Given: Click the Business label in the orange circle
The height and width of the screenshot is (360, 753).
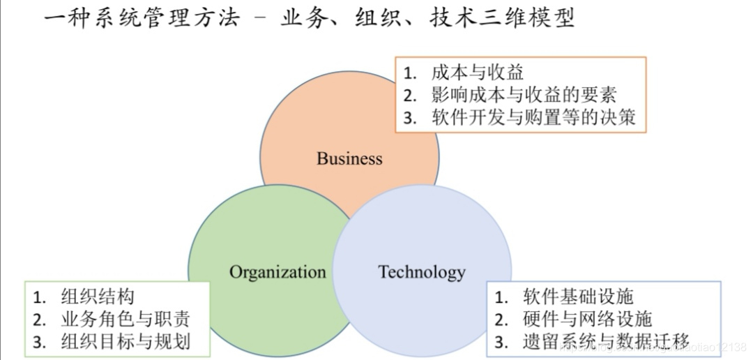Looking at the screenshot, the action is click(x=349, y=158).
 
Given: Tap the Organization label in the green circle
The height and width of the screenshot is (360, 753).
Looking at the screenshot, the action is click(x=277, y=271).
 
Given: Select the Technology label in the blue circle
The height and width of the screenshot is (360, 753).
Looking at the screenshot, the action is click(x=422, y=271).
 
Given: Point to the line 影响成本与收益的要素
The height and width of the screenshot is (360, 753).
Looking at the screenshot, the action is click(x=524, y=94).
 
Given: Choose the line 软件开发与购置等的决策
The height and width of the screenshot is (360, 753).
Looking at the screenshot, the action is click(x=533, y=117).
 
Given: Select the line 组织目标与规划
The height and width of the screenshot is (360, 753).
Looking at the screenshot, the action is click(x=125, y=341).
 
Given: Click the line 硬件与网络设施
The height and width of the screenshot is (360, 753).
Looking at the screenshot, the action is click(x=587, y=319).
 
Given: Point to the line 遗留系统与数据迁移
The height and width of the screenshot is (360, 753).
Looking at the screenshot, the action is click(x=606, y=341).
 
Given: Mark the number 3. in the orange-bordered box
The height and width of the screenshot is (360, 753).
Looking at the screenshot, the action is click(x=410, y=118).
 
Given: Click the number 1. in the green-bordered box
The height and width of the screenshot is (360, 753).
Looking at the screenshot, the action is click(x=40, y=297).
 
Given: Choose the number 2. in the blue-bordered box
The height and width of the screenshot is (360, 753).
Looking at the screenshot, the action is click(x=501, y=320).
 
